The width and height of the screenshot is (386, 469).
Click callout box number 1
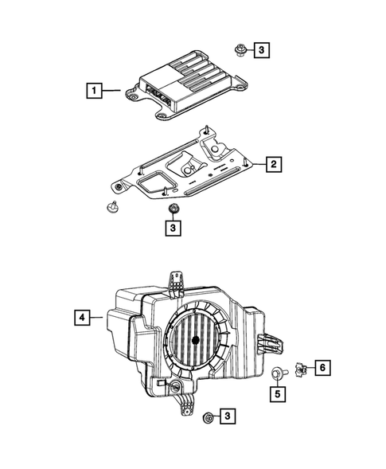[x=95, y=91]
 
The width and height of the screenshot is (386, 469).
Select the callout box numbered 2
[x=272, y=165]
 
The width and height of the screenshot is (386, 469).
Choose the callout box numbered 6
[x=322, y=367]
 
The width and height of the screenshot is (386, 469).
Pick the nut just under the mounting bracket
[x=172, y=209]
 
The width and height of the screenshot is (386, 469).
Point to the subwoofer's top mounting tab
[x=176, y=284]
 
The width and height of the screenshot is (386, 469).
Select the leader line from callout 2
[x=256, y=165]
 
